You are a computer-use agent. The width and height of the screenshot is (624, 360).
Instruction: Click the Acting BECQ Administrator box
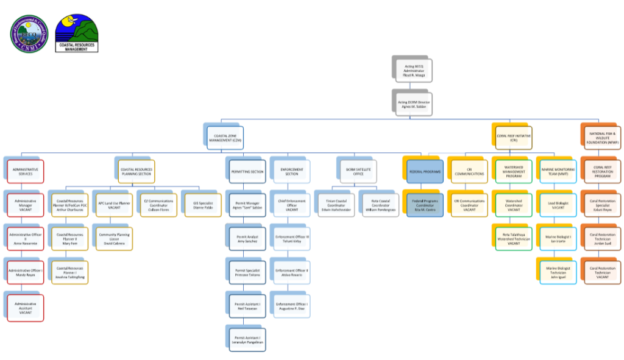pos(413,69)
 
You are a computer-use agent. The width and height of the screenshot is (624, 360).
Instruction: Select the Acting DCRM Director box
pos(413,103)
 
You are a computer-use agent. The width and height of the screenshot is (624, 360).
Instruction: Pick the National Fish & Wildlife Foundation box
pos(601,138)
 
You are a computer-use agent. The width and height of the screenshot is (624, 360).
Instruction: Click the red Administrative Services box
pos(26,171)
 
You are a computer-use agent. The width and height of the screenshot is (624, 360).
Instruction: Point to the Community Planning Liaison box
pos(113,238)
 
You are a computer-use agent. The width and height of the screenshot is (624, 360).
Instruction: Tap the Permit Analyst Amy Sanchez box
pos(247,238)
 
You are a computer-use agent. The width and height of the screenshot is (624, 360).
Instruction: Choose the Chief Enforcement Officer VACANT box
pos(291,204)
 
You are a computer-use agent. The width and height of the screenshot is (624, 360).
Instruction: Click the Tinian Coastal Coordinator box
pos(335,204)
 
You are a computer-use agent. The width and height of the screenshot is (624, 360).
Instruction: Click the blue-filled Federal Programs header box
pos(424,171)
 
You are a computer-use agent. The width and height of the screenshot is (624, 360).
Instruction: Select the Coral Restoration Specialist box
pos(601,204)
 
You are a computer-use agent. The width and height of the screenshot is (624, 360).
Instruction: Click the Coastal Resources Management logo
pos(76,33)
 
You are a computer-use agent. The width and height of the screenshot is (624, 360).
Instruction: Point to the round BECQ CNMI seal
pos(29,34)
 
